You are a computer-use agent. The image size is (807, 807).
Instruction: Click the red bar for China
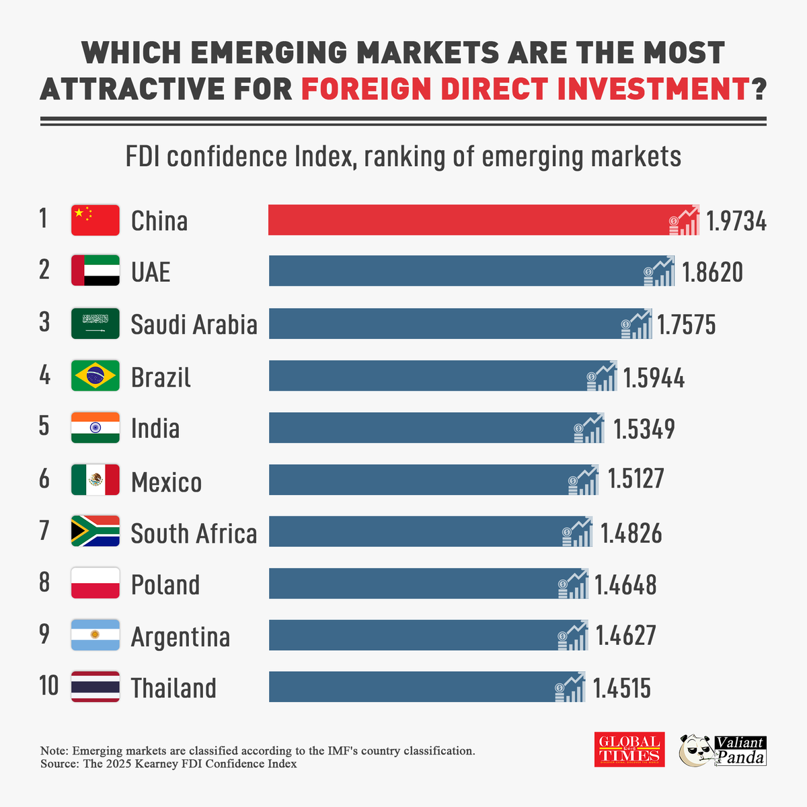[x=464, y=220]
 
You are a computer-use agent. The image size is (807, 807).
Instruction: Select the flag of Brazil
[x=95, y=376]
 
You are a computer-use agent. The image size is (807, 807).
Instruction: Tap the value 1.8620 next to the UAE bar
[x=712, y=272]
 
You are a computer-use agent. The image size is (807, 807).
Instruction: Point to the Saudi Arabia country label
[x=194, y=325]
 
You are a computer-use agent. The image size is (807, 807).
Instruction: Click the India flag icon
[x=95, y=428]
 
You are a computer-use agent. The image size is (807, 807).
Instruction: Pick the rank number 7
[x=44, y=531]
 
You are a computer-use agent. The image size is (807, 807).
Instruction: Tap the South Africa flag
[x=95, y=531]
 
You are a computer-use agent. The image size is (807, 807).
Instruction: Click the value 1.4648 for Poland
[x=625, y=585]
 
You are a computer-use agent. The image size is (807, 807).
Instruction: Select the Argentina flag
[x=95, y=636]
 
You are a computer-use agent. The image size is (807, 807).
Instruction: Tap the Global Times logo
[x=629, y=749]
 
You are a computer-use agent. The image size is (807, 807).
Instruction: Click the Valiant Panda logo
[x=723, y=750]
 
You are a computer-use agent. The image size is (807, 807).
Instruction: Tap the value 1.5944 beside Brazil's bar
[x=654, y=378]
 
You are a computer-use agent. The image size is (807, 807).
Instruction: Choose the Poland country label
[x=165, y=585]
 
